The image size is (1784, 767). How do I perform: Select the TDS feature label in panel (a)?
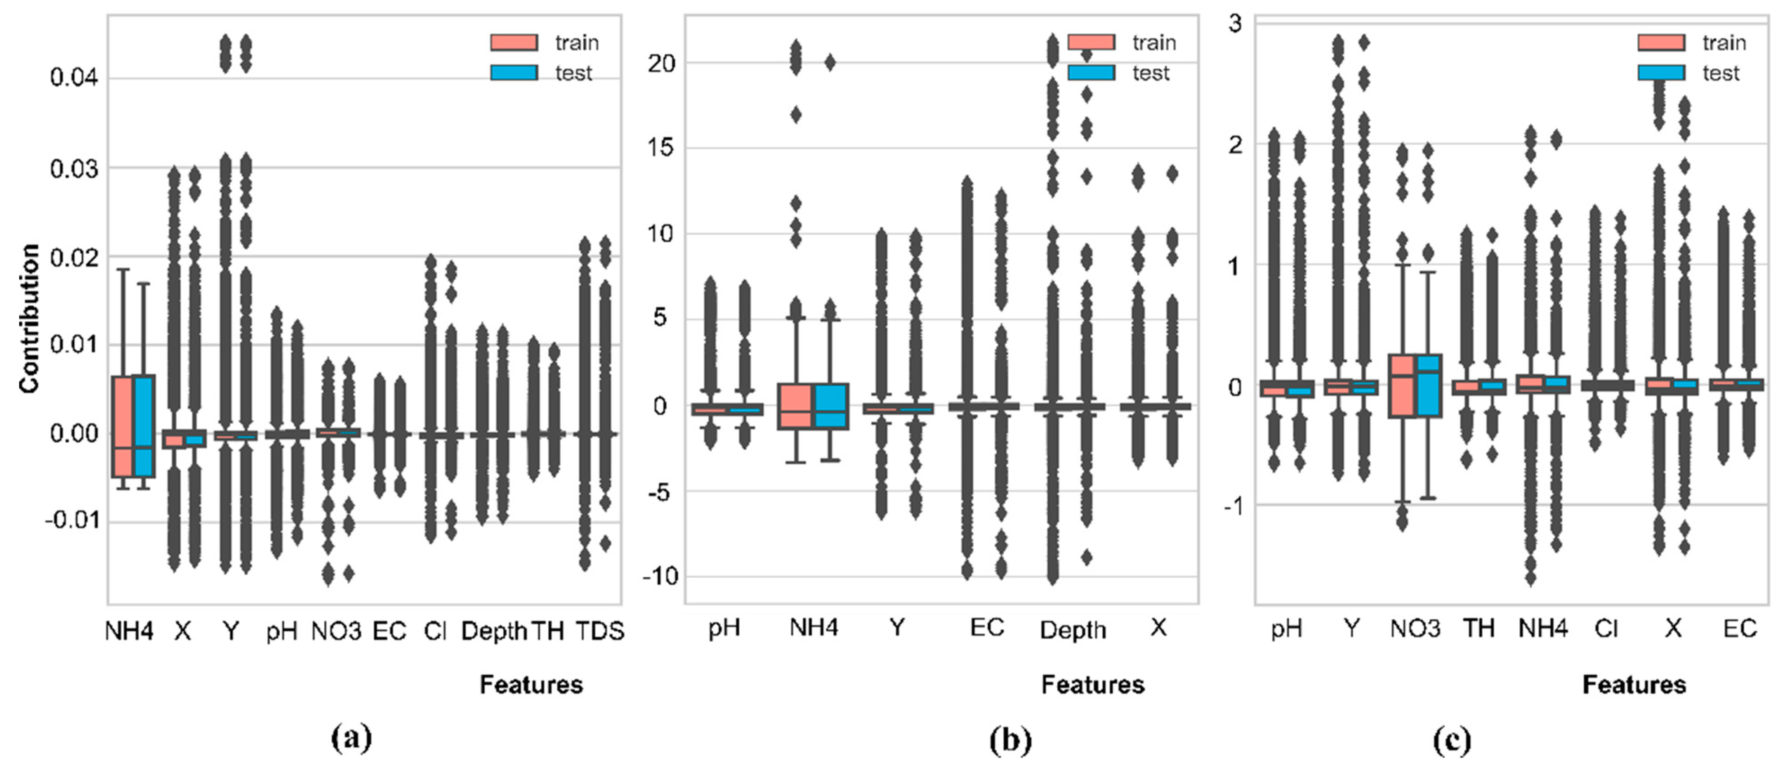click(600, 631)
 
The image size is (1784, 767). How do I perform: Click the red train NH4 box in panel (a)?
click(123, 426)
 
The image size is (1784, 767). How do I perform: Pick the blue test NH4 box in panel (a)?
click(144, 426)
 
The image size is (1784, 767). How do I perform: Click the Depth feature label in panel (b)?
click(1073, 630)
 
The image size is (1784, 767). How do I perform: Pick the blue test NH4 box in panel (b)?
click(830, 406)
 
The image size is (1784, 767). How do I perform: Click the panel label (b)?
click(1010, 740)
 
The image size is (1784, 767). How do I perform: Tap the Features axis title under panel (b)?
click(1092, 685)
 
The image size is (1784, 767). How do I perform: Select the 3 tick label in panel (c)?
click(1235, 23)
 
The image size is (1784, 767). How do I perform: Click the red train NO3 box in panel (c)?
click(1402, 386)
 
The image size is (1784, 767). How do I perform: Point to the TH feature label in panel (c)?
click(1479, 628)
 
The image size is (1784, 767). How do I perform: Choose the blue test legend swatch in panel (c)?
click(1661, 73)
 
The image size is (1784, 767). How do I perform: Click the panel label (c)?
click(1452, 740)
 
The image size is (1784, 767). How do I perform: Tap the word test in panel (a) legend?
click(573, 73)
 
